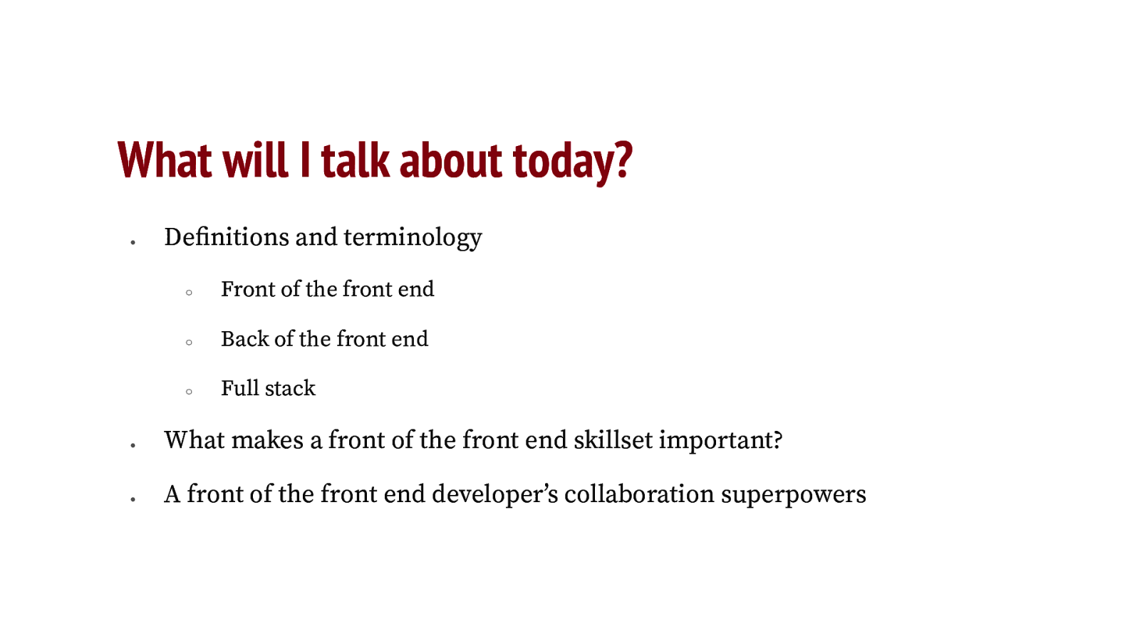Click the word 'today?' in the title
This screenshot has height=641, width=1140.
572,161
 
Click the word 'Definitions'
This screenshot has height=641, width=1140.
227,237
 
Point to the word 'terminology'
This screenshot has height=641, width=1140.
413,238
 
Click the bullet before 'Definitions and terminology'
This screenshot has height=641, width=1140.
133,243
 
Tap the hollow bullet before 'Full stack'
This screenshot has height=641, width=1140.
189,392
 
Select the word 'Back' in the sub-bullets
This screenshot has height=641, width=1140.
244,339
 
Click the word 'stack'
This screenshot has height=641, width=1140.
290,388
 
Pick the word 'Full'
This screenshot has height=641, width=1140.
239,388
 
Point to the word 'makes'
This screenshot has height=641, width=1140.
267,440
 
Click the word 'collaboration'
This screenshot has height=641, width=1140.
639,494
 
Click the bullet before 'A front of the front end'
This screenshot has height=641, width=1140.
133,500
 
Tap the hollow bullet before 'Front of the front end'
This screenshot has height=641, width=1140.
189,293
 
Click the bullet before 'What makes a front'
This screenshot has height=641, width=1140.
133,446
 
